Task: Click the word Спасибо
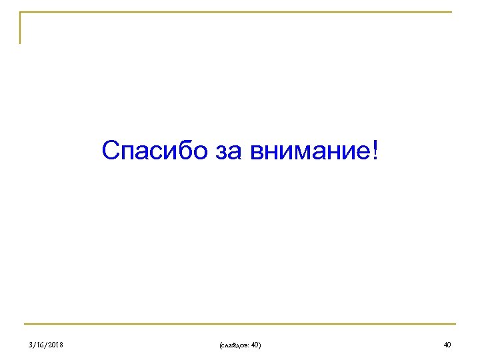click(155, 151)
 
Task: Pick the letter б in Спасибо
click(182, 151)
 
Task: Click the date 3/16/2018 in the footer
click(47, 344)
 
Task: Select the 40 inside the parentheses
click(254, 344)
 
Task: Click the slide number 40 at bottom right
click(447, 344)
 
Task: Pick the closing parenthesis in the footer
click(260, 344)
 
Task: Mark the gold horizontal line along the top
click(240, 12)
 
